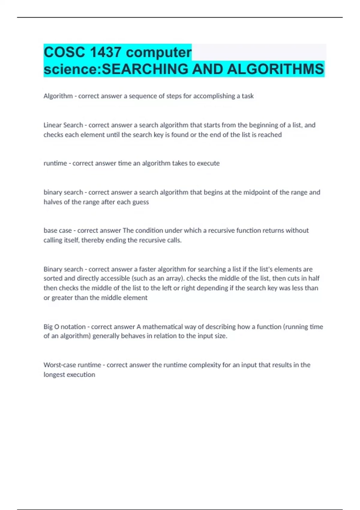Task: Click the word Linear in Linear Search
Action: (x=52, y=125)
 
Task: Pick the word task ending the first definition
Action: (x=247, y=96)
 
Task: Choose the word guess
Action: (x=140, y=202)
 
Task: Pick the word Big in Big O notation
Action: (x=48, y=327)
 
